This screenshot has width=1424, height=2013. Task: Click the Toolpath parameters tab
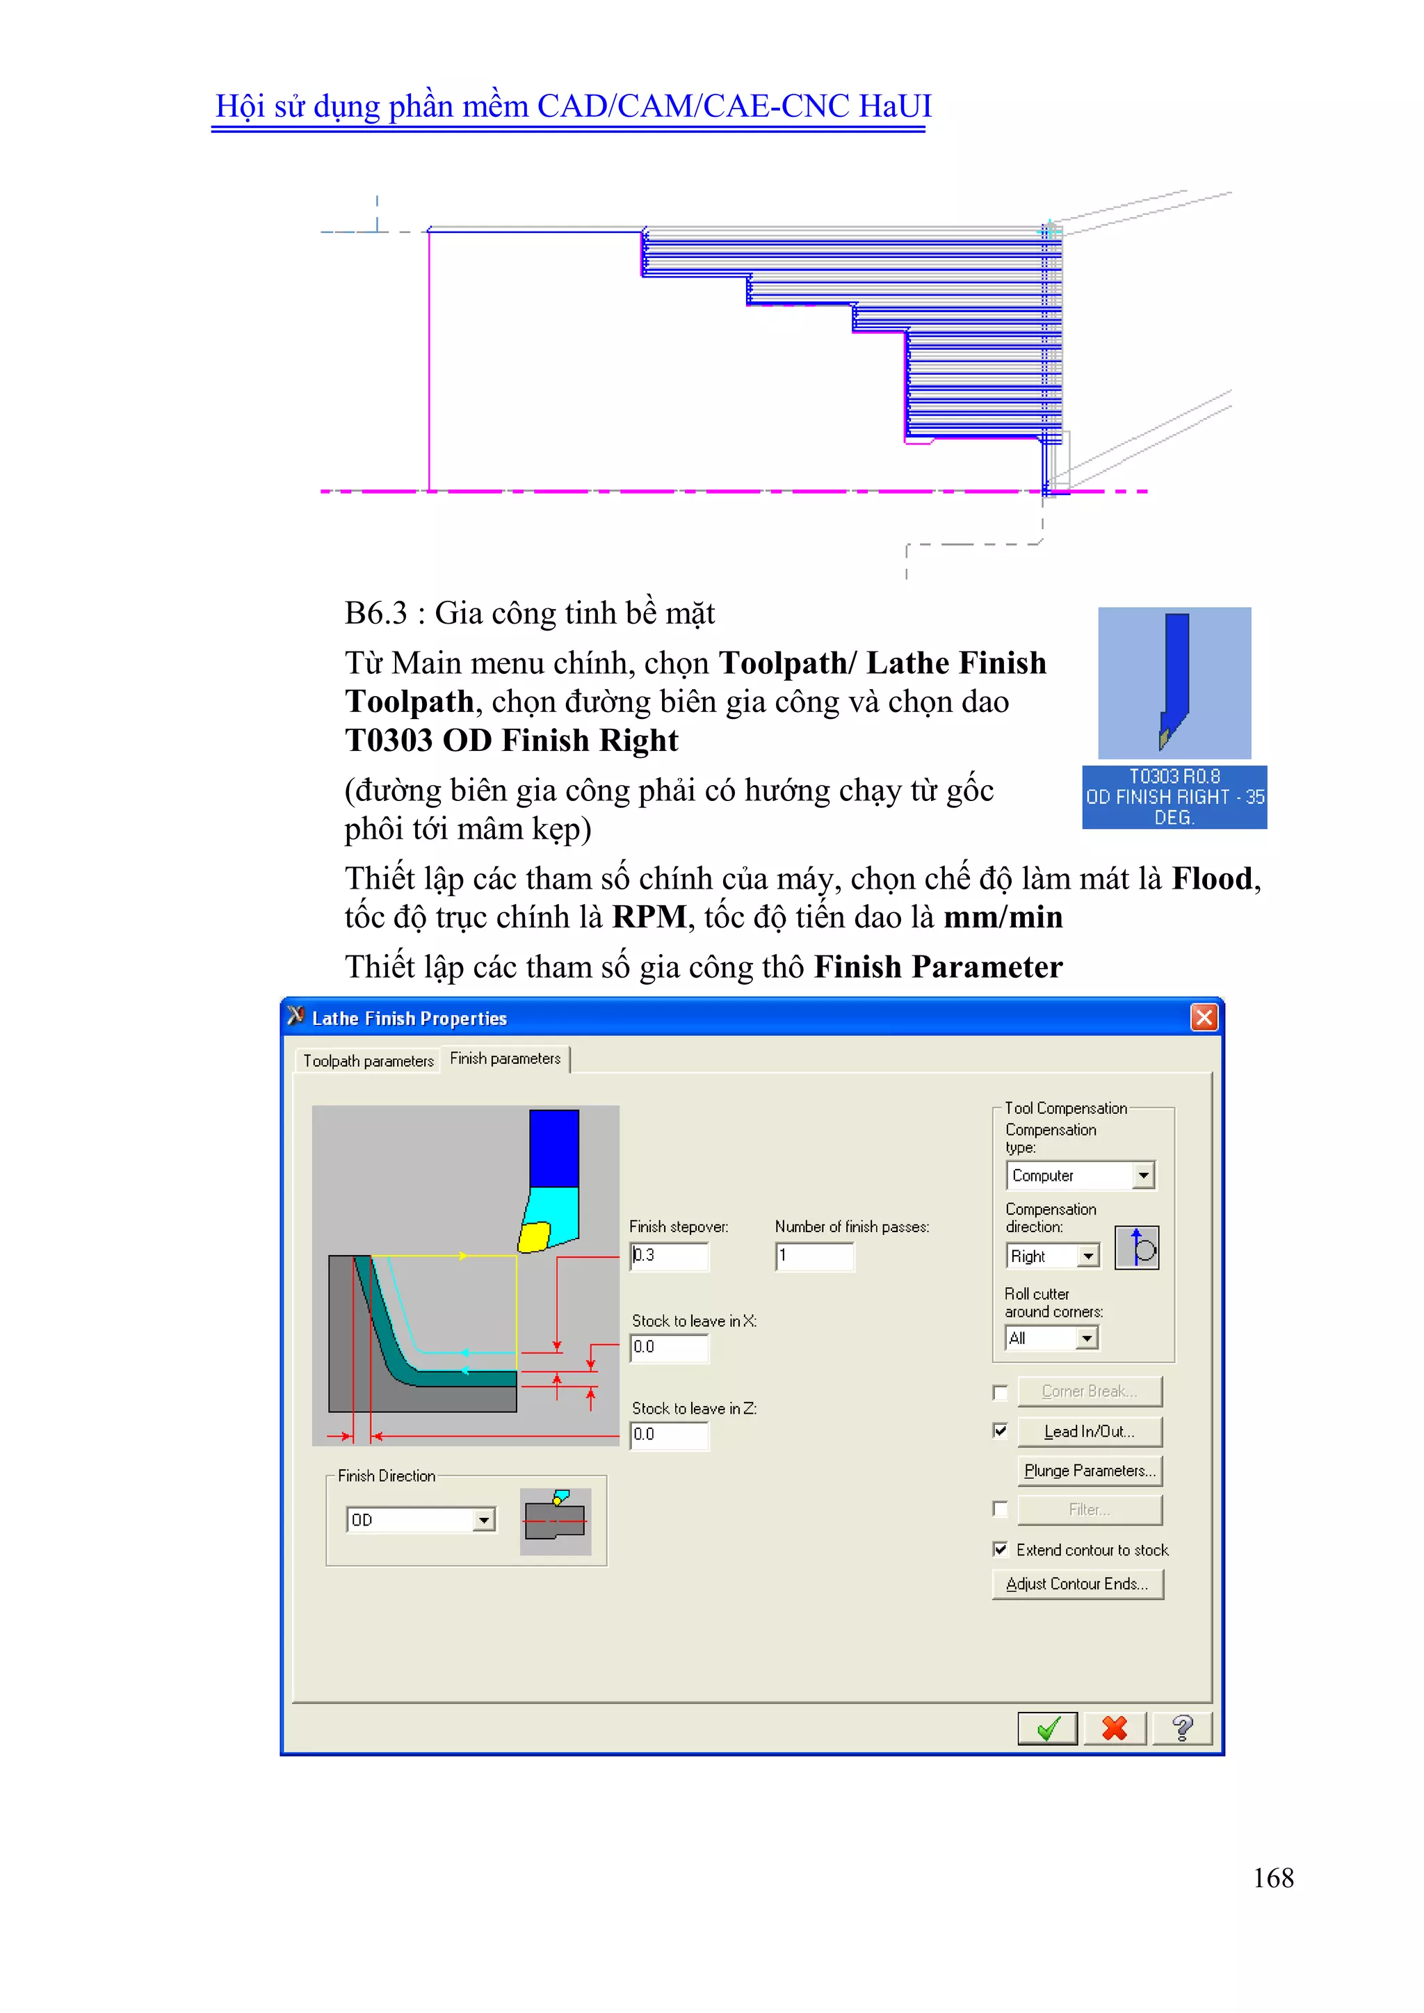(369, 1061)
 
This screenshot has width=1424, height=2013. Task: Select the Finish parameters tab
(505, 1059)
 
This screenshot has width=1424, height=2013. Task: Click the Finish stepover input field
(669, 1256)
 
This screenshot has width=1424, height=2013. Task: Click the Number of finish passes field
(814, 1256)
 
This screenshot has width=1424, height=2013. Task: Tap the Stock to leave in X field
(669, 1347)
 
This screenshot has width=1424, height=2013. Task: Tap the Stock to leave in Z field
(669, 1434)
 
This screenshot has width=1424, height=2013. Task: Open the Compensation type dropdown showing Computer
(1143, 1175)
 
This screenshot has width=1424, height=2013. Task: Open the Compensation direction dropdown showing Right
(1088, 1256)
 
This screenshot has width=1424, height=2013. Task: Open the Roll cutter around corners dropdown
(1086, 1338)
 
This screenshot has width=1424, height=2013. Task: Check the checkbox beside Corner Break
(1000, 1392)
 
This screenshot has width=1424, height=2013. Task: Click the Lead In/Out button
(1089, 1432)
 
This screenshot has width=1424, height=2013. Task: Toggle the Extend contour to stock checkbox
(1000, 1549)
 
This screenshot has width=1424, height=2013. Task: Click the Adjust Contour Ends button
(1077, 1583)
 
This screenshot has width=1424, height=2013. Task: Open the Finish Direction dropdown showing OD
(484, 1520)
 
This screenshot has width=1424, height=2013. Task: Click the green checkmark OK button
(1047, 1728)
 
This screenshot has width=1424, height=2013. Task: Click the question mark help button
(1181, 1728)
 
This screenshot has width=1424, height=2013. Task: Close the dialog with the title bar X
(1204, 1017)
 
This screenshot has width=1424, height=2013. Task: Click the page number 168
(1272, 1877)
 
